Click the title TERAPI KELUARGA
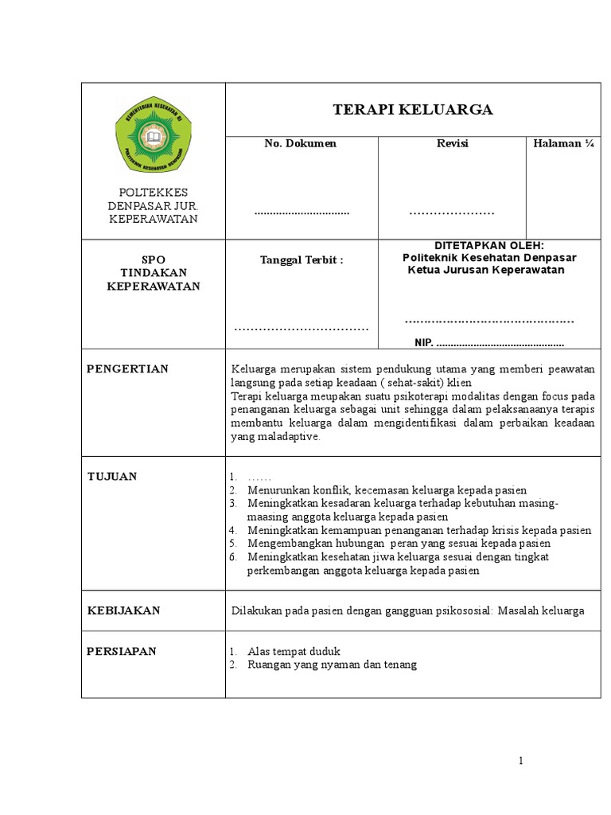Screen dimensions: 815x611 click(x=412, y=110)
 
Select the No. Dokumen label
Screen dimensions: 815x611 click(x=301, y=143)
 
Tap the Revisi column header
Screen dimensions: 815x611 click(x=452, y=143)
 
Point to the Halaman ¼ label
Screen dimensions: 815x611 click(x=563, y=143)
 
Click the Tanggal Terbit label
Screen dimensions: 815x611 click(x=302, y=260)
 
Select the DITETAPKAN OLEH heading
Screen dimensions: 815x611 click(x=488, y=245)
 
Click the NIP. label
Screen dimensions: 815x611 click(x=425, y=343)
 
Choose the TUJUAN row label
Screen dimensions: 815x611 click(x=112, y=476)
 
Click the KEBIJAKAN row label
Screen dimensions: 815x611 click(x=123, y=610)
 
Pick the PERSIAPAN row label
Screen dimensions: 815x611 click(x=122, y=651)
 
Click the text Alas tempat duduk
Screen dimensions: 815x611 click(x=294, y=651)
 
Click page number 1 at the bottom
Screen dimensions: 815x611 click(x=520, y=761)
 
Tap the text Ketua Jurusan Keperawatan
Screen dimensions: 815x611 click(x=485, y=270)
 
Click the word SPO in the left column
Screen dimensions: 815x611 click(x=153, y=260)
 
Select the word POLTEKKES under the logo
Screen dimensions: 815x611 click(x=153, y=193)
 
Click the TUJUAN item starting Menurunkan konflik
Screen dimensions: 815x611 click(x=387, y=490)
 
